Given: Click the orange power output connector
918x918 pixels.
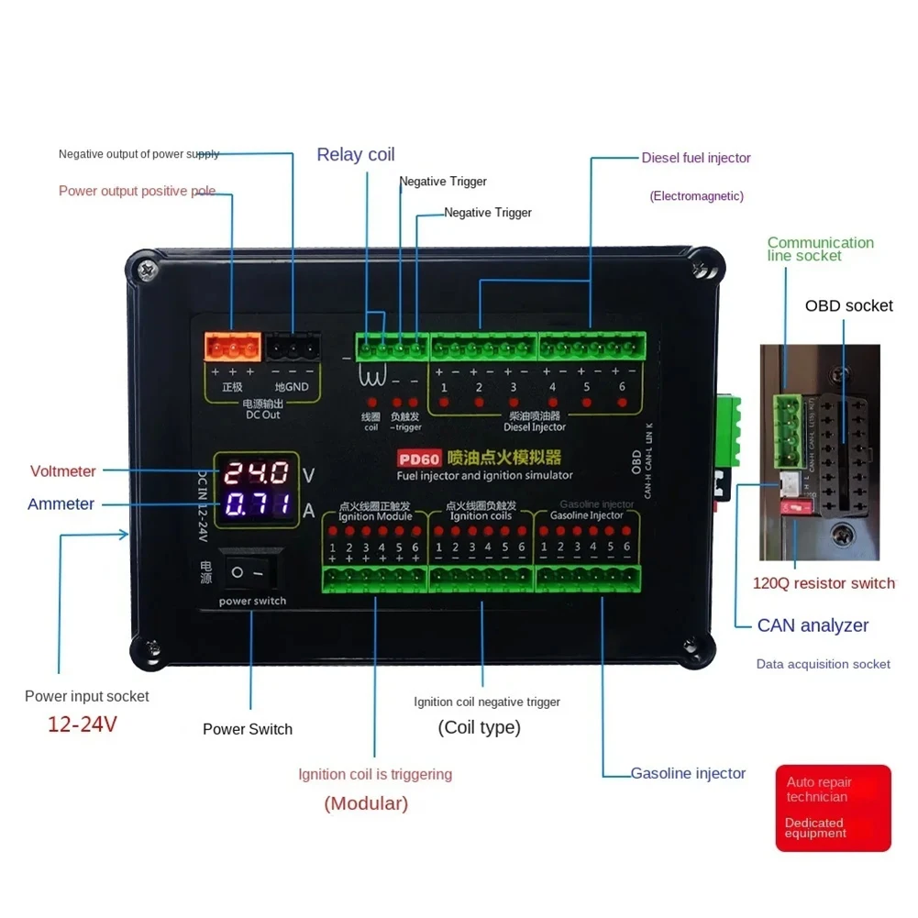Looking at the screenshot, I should point(231,347).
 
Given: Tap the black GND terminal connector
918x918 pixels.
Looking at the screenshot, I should point(293,347).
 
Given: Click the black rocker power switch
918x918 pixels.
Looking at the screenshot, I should point(250,572).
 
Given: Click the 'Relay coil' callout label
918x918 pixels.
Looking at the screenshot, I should point(356,154).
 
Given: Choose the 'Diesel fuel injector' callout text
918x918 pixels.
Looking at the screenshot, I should point(696,158).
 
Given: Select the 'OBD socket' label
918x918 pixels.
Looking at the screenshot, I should point(848,305).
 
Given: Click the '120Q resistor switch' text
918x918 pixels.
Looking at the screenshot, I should point(824,583).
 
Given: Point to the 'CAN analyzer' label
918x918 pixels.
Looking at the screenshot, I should point(813,625).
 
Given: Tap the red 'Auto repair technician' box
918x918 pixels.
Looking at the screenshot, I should point(833,808).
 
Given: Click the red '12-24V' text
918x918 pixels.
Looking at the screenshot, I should point(83,724).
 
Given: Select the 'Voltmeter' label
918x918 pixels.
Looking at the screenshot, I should point(62,471).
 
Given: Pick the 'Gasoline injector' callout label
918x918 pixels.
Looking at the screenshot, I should point(688,773).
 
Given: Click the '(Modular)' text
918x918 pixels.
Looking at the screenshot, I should point(366,803).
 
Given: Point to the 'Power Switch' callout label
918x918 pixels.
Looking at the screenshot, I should point(248,729).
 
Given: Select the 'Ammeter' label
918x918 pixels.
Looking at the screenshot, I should point(61,504).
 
